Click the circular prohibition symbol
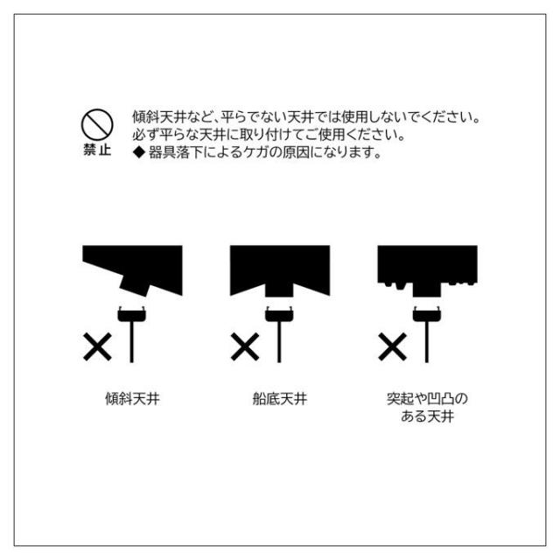(x=97, y=124)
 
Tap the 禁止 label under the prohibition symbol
(x=97, y=150)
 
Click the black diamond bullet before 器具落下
(x=139, y=152)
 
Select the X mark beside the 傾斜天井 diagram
(x=97, y=346)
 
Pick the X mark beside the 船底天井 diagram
(x=245, y=346)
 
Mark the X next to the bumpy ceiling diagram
(x=393, y=346)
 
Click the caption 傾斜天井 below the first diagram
(x=132, y=399)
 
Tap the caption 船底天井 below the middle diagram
(x=280, y=399)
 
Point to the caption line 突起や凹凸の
(x=428, y=399)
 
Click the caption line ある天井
(x=428, y=416)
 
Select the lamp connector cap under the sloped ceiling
(x=132, y=314)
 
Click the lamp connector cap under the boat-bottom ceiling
(x=279, y=314)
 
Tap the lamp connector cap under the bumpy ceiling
(x=427, y=314)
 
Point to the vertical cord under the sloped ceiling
(x=132, y=342)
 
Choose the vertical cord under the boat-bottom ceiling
(x=279, y=342)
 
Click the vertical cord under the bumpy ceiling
(x=427, y=342)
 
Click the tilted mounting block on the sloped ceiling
(x=135, y=285)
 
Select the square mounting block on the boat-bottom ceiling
(x=279, y=290)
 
